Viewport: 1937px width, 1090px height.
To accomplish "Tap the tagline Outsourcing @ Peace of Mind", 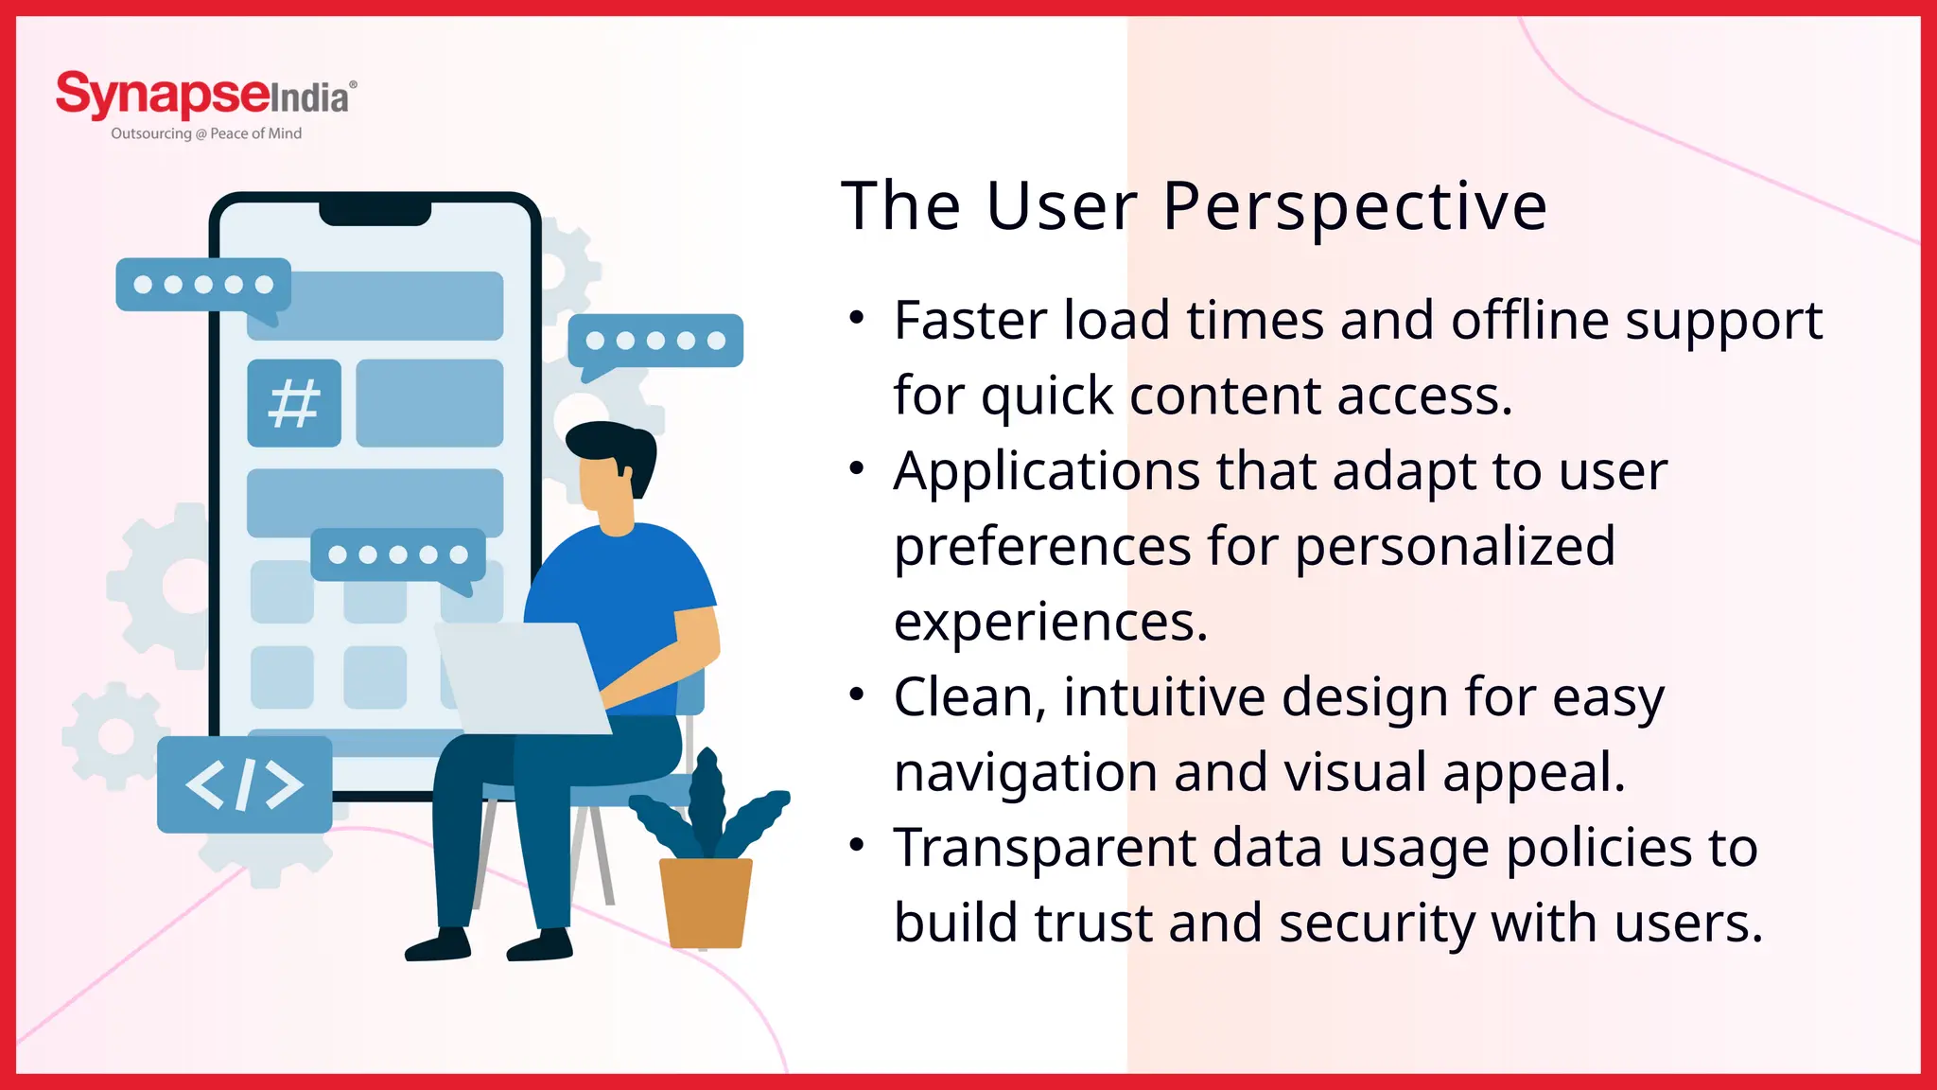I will pos(206,133).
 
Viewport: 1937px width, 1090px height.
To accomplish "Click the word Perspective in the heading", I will pos(1354,206).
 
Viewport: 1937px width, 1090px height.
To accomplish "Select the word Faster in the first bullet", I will pos(970,321).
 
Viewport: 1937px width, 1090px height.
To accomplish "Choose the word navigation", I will pos(1025,773).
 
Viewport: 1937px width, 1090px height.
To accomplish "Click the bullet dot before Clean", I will pos(857,695).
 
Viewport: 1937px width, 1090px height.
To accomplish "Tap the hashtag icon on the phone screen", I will pos(294,403).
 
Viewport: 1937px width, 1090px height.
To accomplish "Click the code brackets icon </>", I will pos(244,784).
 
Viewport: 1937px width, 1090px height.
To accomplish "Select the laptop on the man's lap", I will pos(520,677).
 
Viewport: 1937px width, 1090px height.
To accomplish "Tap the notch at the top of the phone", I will pos(375,210).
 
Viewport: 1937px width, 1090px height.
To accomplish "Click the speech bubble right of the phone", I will pos(655,342).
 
